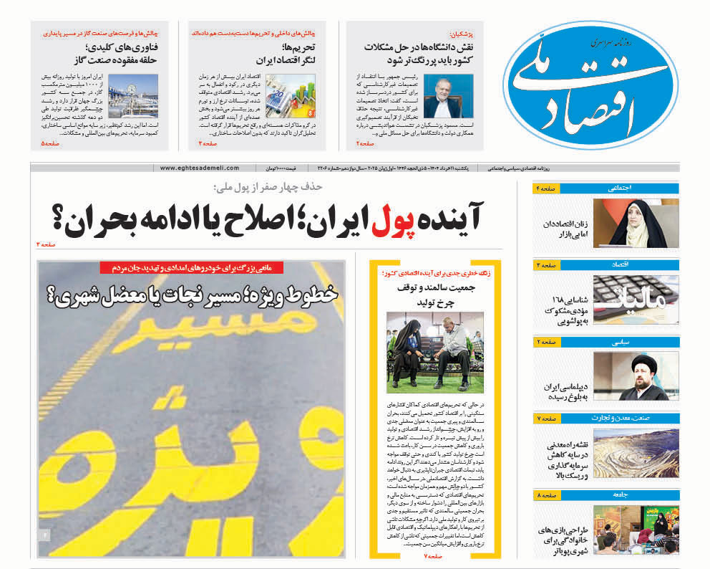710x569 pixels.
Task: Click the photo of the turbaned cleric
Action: (x=636, y=376)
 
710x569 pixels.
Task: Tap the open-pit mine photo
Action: (x=636, y=453)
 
